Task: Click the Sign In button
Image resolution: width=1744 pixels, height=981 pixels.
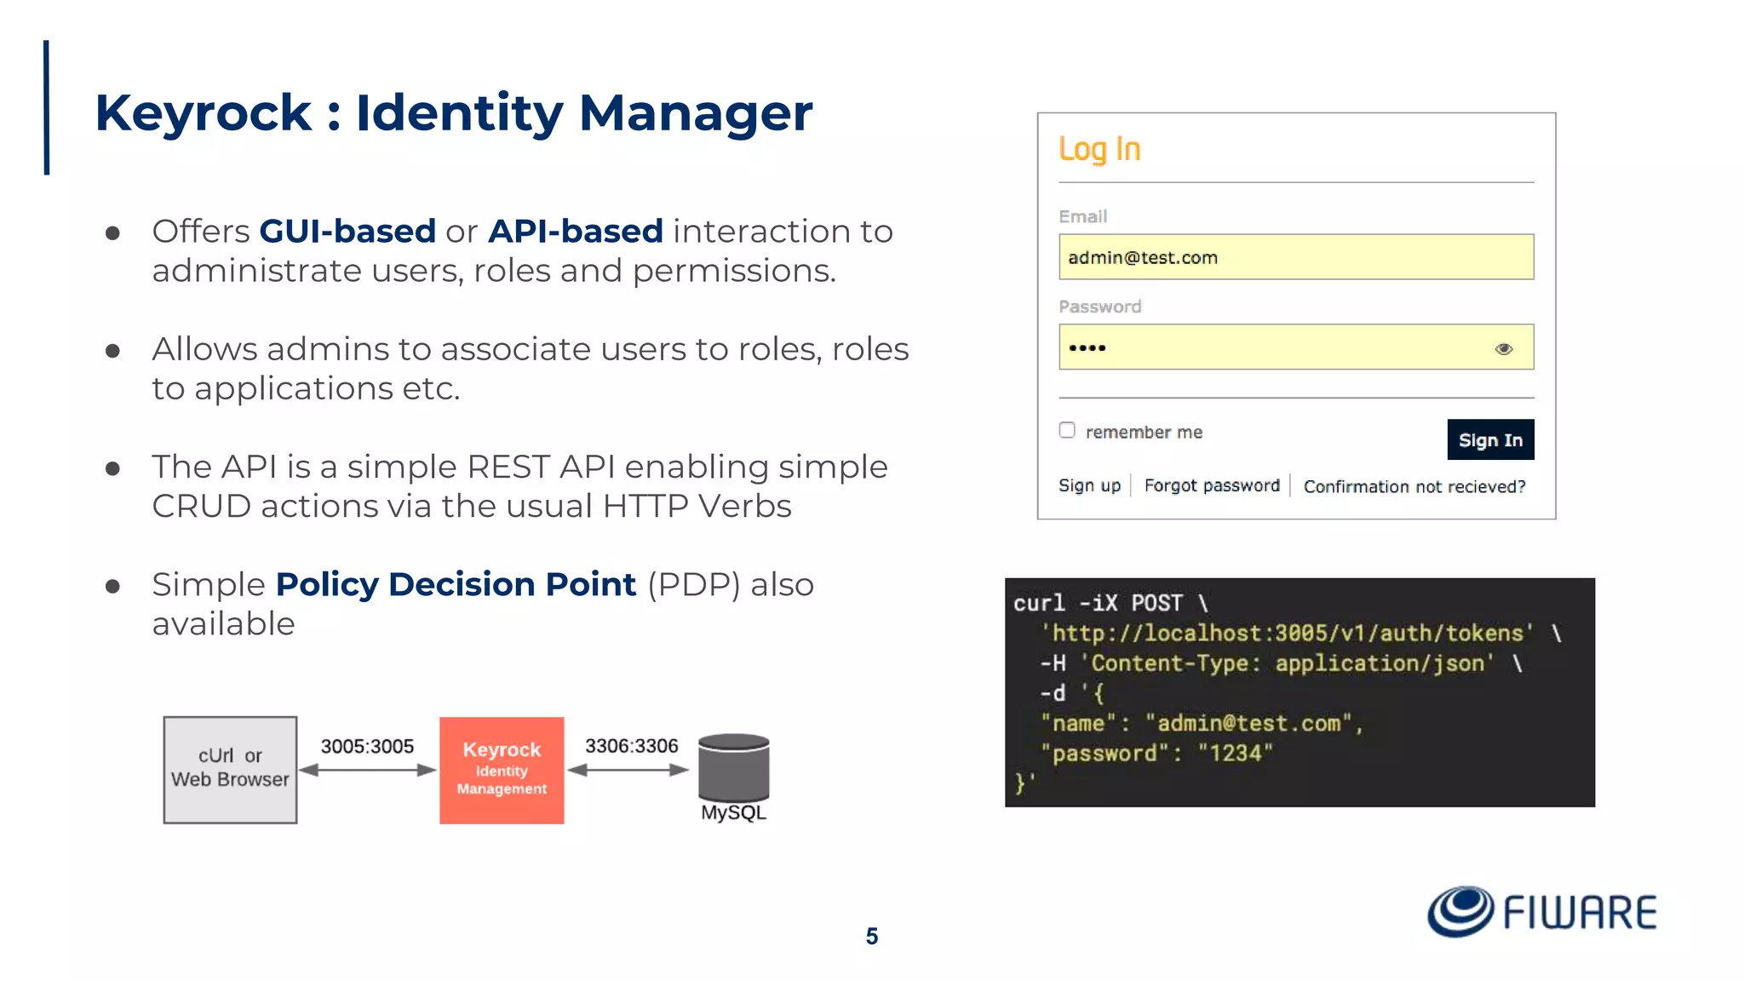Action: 1489,439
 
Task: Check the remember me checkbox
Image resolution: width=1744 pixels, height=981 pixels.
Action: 1067,430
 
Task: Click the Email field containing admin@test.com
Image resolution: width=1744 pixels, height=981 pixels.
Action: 1295,257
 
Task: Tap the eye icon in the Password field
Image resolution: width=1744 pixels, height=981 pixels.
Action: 1504,348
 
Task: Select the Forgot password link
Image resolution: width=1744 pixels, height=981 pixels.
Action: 1211,485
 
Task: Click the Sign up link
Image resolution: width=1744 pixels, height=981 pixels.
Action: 1089,485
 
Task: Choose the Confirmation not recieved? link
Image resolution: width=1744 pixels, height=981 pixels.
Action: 1414,486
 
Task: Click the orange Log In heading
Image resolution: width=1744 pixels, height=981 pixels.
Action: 1099,150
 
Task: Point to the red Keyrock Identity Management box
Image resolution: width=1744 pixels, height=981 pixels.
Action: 502,770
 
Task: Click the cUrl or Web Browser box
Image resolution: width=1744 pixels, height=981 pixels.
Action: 230,770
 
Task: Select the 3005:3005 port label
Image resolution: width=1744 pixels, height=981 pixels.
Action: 367,747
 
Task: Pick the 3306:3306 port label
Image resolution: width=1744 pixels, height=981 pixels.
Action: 631,746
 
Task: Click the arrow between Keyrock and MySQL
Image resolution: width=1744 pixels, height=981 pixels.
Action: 628,770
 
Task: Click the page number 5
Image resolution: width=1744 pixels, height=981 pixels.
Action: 871,937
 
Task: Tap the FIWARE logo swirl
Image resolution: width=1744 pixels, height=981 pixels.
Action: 1460,911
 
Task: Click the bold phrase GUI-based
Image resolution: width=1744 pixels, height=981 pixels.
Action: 347,232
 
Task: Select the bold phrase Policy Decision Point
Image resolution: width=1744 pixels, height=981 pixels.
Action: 456,585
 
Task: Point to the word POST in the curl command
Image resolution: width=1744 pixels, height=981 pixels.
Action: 1156,603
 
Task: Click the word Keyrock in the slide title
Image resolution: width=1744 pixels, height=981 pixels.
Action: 204,113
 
